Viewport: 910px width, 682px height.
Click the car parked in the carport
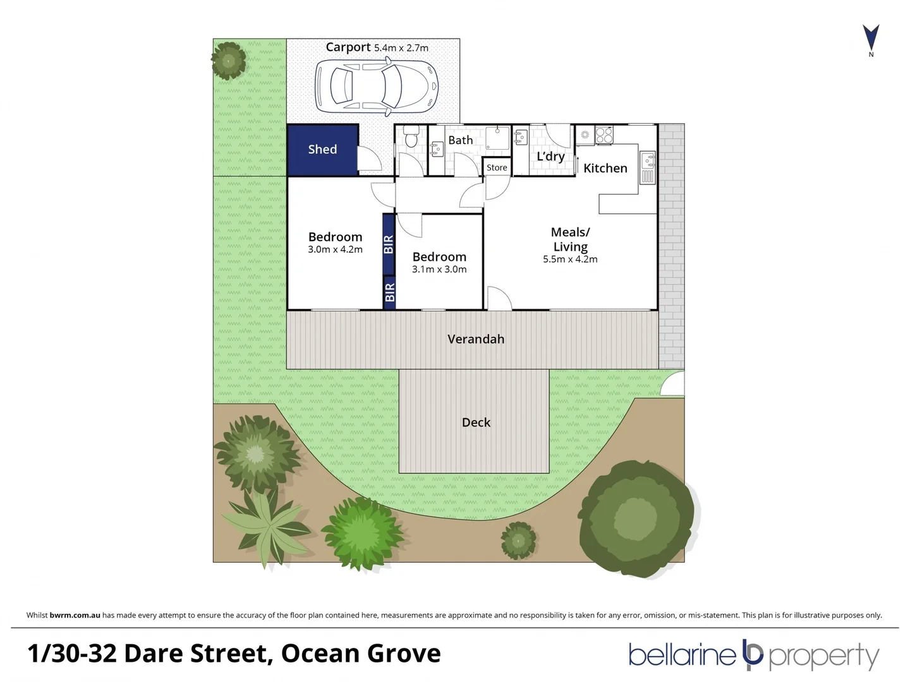pyautogui.click(x=376, y=87)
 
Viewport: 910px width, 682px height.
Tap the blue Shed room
pyautogui.click(x=322, y=150)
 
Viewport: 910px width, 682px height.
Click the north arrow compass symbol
pyautogui.click(x=871, y=39)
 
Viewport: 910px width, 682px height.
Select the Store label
pyautogui.click(x=497, y=167)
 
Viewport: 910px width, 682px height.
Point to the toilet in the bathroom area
pyautogui.click(x=411, y=136)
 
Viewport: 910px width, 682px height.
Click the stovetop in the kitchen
pyautogui.click(x=604, y=135)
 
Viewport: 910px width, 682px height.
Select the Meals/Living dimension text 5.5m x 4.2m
pyautogui.click(x=570, y=259)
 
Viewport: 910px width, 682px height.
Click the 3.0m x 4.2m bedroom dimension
pyautogui.click(x=335, y=249)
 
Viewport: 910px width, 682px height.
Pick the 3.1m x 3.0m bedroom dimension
pyautogui.click(x=439, y=269)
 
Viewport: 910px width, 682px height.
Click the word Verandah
pyautogui.click(x=476, y=339)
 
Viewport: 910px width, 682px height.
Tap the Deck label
pyautogui.click(x=476, y=422)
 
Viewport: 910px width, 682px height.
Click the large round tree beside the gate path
pyautogui.click(x=635, y=517)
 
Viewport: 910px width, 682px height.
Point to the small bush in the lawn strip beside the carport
pyautogui.click(x=228, y=61)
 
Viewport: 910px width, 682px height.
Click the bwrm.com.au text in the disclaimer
pyautogui.click(x=75, y=615)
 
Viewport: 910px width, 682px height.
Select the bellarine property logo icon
pyautogui.click(x=752, y=655)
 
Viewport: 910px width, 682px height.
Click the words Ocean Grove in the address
pyautogui.click(x=361, y=653)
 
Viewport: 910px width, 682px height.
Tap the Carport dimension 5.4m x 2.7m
pyautogui.click(x=401, y=48)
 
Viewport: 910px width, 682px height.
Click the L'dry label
pyautogui.click(x=550, y=157)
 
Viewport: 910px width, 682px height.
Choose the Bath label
pyautogui.click(x=460, y=140)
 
